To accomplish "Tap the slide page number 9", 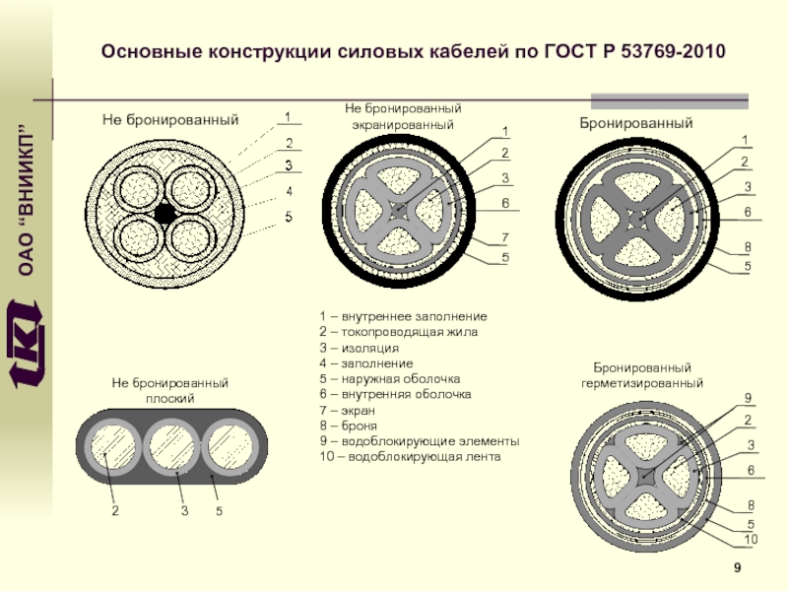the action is point(737,569).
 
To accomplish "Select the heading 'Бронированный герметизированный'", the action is point(641,373).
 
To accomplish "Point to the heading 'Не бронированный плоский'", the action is point(170,389).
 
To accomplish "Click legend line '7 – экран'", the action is point(347,409).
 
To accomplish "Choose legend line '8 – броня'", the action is point(350,426).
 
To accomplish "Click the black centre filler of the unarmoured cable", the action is point(164,213).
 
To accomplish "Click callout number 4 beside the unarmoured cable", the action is point(289,190).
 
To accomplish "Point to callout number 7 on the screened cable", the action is point(504,237).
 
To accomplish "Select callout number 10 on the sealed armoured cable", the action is point(751,541).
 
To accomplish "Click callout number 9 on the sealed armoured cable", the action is point(749,398).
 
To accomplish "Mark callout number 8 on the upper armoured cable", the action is point(747,246).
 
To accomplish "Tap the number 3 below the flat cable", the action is point(184,511).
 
